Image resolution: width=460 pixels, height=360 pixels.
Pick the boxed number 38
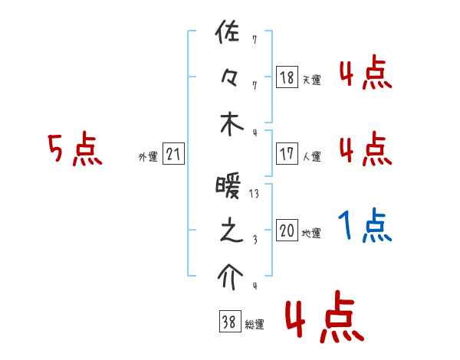(228, 322)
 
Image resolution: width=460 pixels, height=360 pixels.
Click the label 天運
(311, 80)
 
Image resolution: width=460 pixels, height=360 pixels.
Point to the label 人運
(311, 157)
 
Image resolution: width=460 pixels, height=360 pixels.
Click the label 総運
(254, 325)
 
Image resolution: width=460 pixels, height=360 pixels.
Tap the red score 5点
(75, 150)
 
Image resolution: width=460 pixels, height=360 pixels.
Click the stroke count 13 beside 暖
(254, 194)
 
